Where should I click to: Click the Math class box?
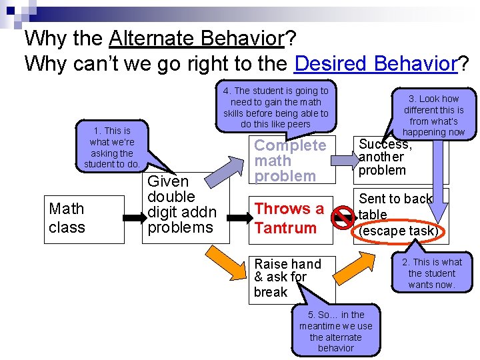[x=85, y=219]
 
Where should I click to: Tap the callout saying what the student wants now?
[x=432, y=273]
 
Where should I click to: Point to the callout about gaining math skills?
[x=275, y=107]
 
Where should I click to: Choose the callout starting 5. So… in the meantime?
[x=336, y=331]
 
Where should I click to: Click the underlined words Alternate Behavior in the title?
[x=197, y=39]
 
